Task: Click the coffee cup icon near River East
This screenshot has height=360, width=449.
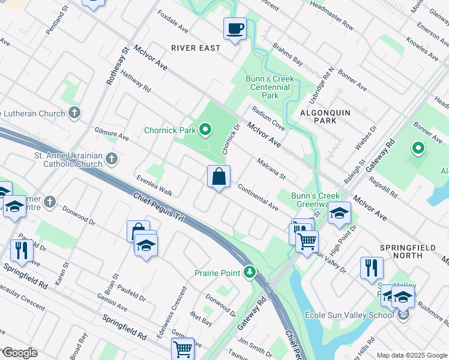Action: pos(235,28)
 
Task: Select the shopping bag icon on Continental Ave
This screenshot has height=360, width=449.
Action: pos(218,177)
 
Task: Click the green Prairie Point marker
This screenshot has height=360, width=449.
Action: pos(250,273)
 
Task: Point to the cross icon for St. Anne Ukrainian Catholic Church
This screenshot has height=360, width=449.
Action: pos(111,159)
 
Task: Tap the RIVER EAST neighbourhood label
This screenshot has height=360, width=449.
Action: pos(196,48)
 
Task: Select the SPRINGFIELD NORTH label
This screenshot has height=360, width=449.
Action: pos(411,247)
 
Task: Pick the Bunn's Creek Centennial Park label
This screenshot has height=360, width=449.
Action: pos(270,87)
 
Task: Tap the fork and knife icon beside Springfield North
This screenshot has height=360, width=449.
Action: pos(372,268)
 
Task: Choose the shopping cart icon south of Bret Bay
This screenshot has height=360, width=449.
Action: pos(182,348)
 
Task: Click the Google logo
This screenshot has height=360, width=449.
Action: pos(19,353)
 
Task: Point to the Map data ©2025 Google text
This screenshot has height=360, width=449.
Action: pos(412,355)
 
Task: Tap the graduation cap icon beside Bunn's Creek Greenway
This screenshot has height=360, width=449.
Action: pos(339,214)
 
